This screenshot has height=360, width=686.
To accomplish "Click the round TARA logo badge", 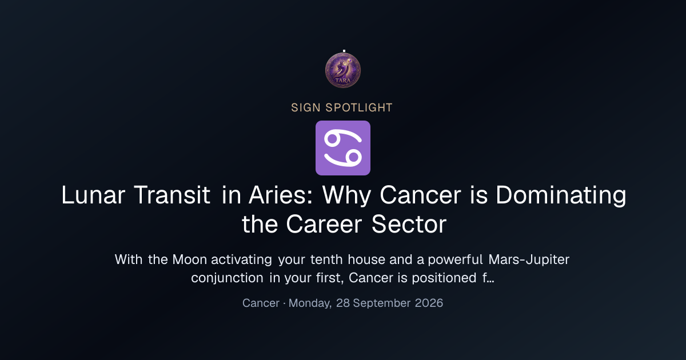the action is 342,70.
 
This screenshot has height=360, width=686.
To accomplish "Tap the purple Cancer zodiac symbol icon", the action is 342,148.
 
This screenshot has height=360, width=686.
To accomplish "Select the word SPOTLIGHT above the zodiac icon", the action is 359,108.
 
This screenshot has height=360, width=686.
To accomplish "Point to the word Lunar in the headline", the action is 93,195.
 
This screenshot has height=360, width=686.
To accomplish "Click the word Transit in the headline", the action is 172,195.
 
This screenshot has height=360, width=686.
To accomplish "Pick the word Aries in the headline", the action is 281,195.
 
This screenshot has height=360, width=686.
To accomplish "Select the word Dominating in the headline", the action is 561,195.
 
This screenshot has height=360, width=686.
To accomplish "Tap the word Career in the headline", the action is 324,225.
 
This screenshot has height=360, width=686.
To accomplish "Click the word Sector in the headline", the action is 409,225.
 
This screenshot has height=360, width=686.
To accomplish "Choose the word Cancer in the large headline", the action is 420,195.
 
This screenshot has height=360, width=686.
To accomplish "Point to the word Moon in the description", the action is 190,259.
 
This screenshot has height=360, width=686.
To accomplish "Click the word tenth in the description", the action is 326,259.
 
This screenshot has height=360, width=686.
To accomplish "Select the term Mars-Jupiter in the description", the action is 529,259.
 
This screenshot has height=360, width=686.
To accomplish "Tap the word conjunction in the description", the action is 227,278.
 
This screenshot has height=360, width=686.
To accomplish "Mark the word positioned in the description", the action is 444,278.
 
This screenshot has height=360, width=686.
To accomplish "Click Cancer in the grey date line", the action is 261,303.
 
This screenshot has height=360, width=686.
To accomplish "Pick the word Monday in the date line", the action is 310,303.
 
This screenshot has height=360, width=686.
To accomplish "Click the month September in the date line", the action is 382,303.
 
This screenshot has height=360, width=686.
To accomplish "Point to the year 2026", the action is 429,303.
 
